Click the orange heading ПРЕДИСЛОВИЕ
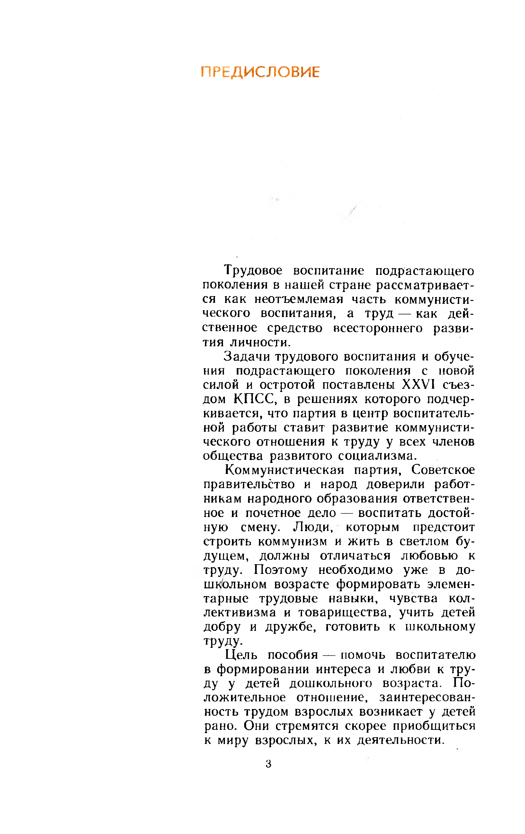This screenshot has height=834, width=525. (x=260, y=72)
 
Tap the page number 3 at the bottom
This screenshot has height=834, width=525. (x=268, y=764)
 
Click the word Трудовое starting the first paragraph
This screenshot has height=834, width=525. (x=253, y=270)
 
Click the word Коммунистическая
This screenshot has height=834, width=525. (x=284, y=470)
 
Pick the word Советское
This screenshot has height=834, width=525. (x=443, y=470)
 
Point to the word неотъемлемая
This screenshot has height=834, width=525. (x=298, y=299)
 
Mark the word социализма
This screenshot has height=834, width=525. (x=377, y=456)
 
